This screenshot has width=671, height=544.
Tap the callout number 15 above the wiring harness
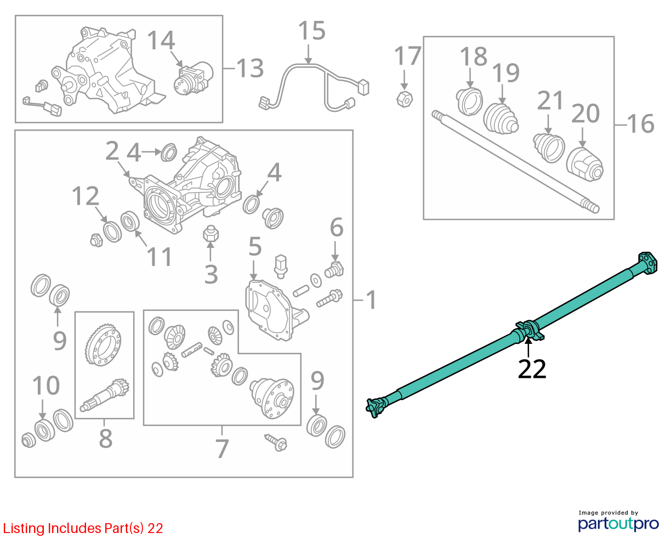(311, 31)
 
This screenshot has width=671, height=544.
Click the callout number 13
(250, 68)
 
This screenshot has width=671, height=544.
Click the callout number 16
(641, 123)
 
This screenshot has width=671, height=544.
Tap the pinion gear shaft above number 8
(105, 395)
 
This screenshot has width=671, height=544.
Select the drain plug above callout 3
(211, 234)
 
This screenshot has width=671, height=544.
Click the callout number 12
(86, 196)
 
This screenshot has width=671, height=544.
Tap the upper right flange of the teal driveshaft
(647, 263)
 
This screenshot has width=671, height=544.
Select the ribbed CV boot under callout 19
(501, 118)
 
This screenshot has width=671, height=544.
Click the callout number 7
(222, 449)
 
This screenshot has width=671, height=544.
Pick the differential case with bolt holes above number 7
(271, 398)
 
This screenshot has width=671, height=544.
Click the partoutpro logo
(618, 523)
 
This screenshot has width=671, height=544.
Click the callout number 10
(46, 386)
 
